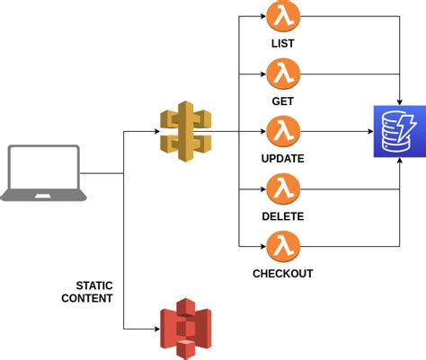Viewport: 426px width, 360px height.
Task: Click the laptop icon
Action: point(46,171)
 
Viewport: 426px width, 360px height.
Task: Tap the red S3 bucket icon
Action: point(184,330)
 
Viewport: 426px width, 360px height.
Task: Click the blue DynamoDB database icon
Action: point(397,131)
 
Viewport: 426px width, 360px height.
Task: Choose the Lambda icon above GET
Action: point(282,74)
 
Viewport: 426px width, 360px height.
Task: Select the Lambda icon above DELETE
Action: point(282,189)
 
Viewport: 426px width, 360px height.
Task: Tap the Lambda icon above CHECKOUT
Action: point(282,245)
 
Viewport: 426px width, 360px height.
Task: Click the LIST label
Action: point(282,44)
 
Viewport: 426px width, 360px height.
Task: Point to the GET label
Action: point(282,101)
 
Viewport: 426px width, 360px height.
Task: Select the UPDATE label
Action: point(282,158)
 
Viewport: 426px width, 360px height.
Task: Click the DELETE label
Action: point(282,215)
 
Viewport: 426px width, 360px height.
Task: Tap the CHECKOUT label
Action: point(282,273)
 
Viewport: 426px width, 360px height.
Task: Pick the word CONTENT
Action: point(87,297)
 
